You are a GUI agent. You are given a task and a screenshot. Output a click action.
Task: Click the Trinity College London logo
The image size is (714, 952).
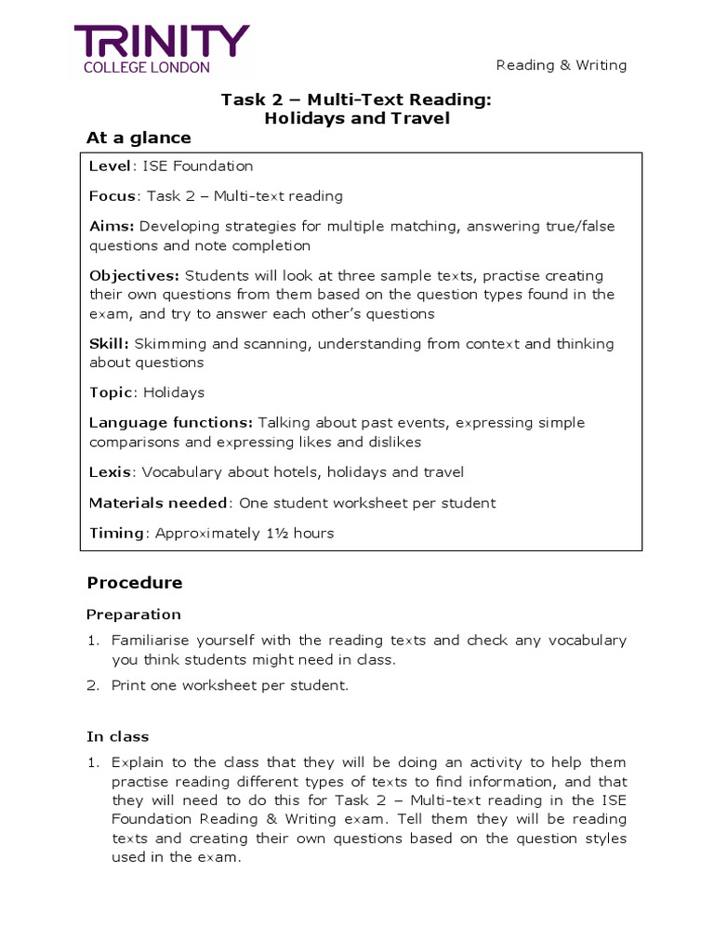tap(162, 49)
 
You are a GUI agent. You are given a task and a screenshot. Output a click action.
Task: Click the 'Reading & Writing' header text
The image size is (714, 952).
tap(561, 65)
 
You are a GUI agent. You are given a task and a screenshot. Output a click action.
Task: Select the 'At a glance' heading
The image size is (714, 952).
tap(139, 138)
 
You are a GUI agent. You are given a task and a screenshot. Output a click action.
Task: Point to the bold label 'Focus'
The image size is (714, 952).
tap(112, 196)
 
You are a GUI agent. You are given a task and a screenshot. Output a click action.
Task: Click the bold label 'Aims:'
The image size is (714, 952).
tap(112, 227)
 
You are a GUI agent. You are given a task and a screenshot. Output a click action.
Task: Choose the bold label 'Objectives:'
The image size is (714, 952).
tap(134, 276)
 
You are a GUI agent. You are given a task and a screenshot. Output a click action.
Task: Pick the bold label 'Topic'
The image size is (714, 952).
tap(110, 392)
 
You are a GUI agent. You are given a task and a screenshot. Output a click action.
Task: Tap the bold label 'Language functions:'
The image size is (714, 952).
tap(171, 423)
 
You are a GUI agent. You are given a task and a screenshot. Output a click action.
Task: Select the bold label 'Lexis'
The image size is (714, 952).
tap(110, 472)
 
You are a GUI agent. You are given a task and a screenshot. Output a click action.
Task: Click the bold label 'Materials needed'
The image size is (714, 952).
tap(158, 503)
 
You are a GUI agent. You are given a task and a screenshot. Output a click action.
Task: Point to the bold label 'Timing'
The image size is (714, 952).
tap(116, 534)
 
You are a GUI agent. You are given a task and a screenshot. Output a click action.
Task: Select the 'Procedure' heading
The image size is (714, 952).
tap(135, 583)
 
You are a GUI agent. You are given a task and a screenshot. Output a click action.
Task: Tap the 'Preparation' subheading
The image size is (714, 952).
tap(134, 615)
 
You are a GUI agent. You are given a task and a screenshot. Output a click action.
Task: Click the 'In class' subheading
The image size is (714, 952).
tap(118, 737)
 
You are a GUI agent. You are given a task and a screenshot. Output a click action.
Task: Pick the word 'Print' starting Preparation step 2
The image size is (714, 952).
tap(127, 686)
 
